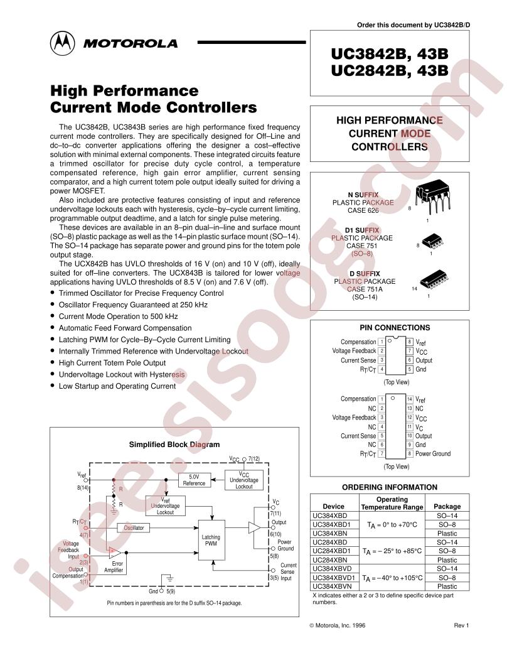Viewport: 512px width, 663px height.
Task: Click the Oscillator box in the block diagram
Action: [133, 528]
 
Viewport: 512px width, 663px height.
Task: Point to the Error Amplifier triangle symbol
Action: [114, 552]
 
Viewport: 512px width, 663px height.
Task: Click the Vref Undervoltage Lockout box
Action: [166, 504]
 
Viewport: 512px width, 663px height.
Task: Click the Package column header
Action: [447, 506]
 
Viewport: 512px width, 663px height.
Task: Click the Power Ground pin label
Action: [433, 453]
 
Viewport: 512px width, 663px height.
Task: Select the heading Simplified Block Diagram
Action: [174, 445]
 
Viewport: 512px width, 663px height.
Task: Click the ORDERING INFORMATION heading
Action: [390, 487]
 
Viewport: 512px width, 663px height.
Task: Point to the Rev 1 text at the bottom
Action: [461, 625]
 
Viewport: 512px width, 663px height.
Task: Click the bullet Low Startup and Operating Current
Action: [117, 386]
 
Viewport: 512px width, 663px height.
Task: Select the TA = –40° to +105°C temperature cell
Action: [392, 577]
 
